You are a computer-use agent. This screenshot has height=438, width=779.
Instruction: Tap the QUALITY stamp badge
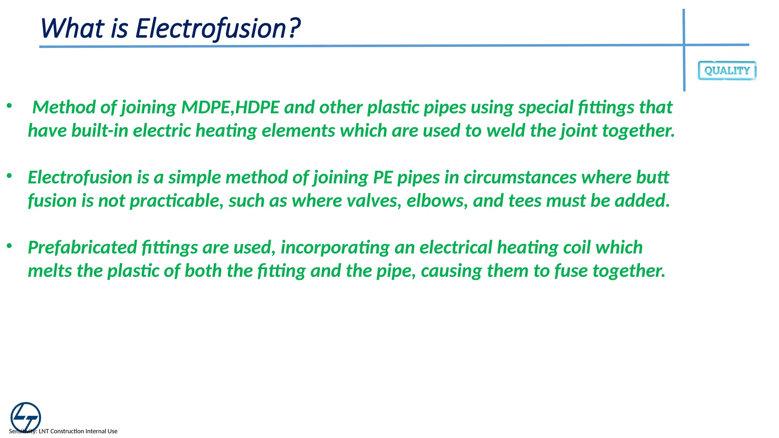(x=727, y=71)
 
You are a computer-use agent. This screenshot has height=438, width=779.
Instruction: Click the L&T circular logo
(x=25, y=417)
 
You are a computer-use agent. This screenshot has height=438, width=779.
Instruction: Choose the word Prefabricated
(x=82, y=248)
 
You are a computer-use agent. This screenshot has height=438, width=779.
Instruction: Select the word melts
(x=50, y=271)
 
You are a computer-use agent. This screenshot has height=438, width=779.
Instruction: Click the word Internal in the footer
(x=96, y=431)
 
